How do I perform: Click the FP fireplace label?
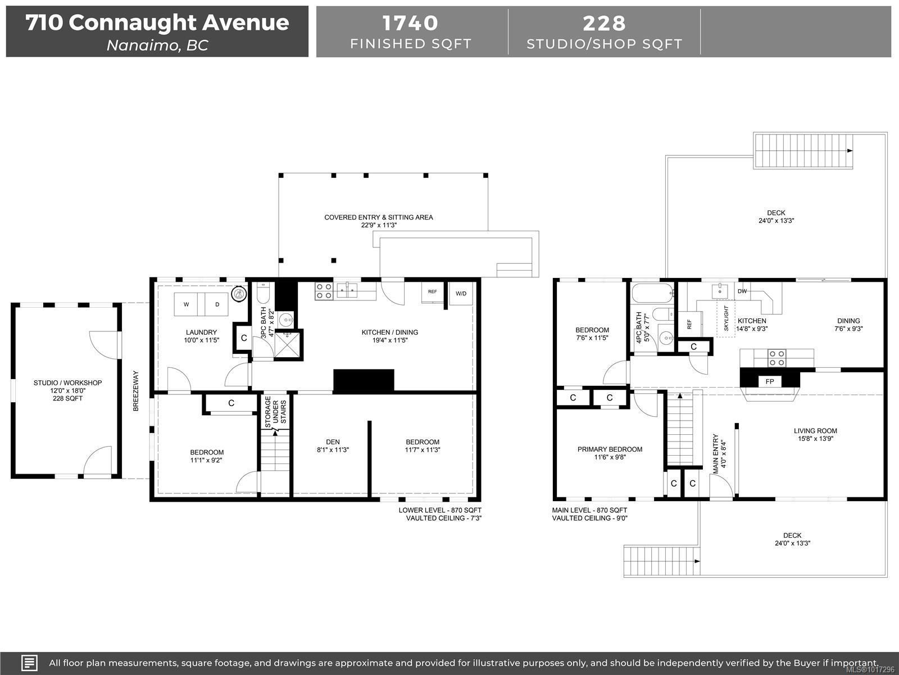point(770,381)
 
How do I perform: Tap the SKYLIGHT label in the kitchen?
point(726,318)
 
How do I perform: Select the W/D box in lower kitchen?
point(461,293)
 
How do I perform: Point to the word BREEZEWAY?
point(136,390)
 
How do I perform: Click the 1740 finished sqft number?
point(411,23)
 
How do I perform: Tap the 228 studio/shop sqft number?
point(604,23)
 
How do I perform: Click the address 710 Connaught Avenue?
point(157,22)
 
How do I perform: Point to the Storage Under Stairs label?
point(275,410)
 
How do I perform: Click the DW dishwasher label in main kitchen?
point(742,291)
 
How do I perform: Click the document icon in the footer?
point(29,663)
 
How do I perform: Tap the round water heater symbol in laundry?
point(239,293)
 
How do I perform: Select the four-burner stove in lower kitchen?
point(324,290)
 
